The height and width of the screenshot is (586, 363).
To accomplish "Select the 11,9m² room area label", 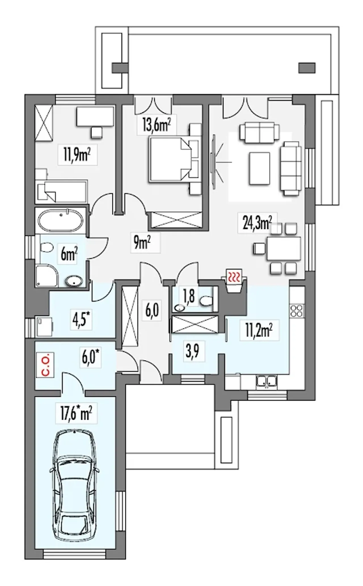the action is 77,155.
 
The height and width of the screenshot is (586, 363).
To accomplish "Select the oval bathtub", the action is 61,220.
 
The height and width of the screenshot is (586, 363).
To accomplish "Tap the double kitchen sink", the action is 266,382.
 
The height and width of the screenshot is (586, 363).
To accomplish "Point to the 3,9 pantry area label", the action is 192,351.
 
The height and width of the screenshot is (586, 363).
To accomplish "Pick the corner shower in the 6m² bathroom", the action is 47,276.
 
